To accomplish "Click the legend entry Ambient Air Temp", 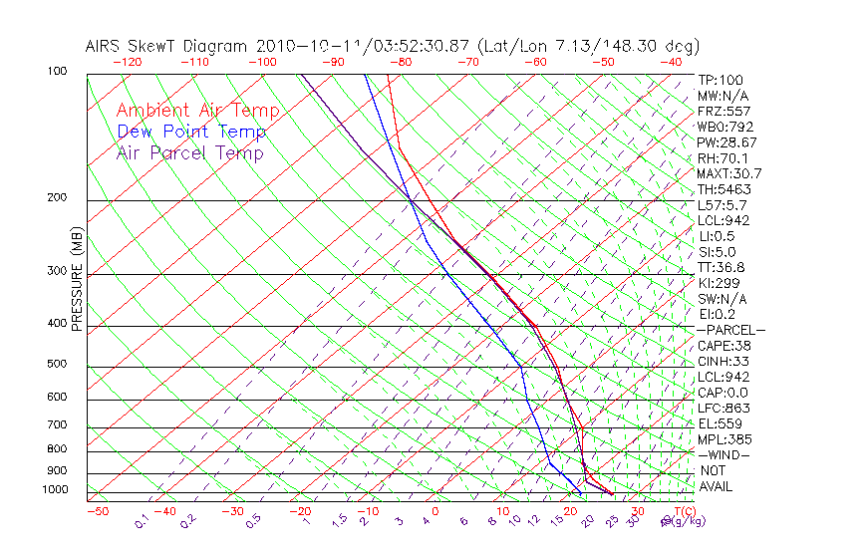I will tap(197, 111).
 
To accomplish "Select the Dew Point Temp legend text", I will tap(191, 132).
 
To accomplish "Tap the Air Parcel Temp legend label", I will tap(189, 152).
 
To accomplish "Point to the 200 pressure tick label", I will tap(57, 197).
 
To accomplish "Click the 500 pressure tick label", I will tap(57, 364).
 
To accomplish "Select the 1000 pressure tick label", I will tap(54, 489).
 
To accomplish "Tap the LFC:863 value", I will tap(724, 408).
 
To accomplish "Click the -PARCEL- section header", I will tap(730, 330).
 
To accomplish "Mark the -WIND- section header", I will tap(724, 454).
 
